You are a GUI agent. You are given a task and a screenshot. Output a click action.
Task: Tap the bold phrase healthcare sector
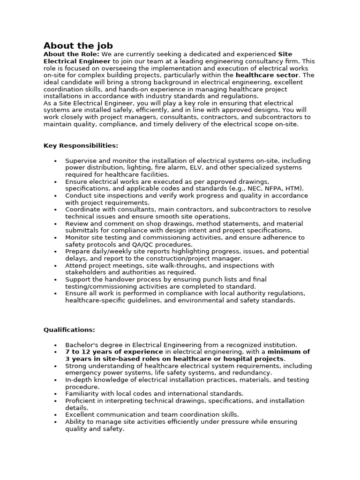(x=267, y=75)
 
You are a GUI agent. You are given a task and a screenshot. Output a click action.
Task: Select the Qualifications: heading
(x=69, y=330)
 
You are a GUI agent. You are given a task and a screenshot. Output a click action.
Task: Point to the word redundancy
(x=253, y=373)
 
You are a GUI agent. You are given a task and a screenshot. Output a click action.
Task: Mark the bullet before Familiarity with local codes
(x=56, y=394)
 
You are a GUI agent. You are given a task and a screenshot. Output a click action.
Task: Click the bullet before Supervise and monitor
(x=56, y=161)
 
